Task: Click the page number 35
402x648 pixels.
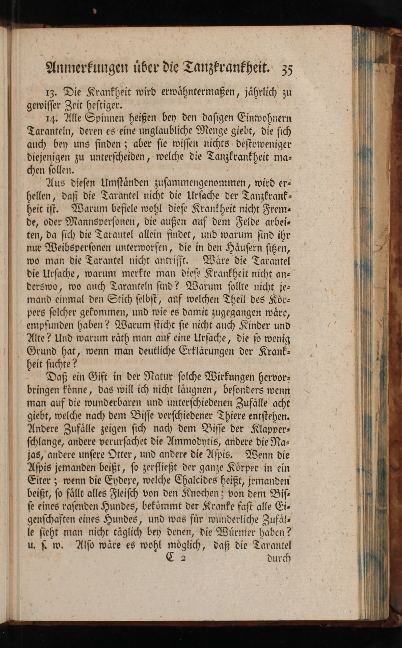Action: pos(286,70)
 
